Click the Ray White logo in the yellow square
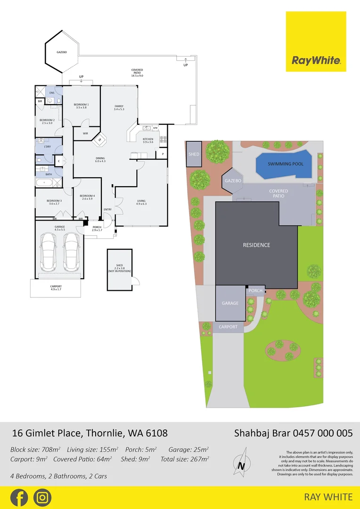point(316,60)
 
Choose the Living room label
point(141,202)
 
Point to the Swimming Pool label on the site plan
point(286,164)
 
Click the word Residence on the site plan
point(256,245)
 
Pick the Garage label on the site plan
point(230,304)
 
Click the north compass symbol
point(242,465)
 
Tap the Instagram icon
point(42,498)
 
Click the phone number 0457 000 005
point(323,433)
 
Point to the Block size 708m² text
point(36,450)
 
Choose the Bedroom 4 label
point(87,197)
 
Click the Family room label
point(119,108)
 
